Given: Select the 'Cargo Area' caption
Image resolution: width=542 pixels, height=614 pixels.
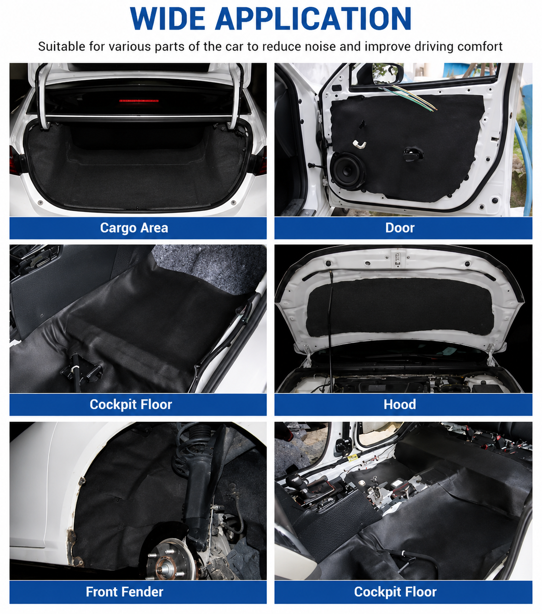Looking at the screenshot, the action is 134,228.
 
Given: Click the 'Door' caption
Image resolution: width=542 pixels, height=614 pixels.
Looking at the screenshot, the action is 399,228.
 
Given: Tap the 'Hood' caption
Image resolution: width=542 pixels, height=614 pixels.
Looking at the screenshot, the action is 399,404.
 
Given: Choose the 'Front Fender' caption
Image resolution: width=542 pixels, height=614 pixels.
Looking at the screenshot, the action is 125,591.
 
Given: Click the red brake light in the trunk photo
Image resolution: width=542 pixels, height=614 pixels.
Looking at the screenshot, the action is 139,101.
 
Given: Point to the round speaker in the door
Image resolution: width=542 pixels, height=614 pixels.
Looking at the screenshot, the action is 348,171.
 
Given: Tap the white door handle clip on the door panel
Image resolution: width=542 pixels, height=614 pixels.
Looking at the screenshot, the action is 359,144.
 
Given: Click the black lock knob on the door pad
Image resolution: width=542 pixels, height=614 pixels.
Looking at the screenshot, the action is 413,153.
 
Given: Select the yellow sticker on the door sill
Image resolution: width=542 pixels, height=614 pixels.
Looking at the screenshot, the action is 352,458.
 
